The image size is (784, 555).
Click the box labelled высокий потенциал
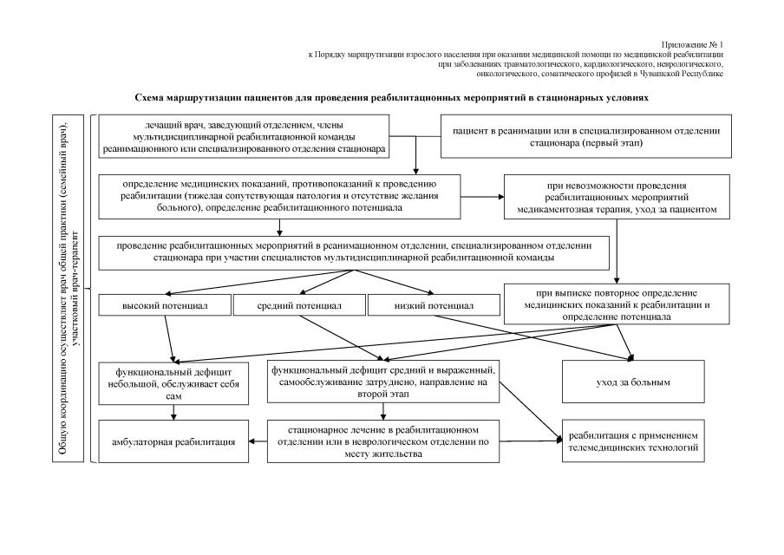click(165, 305)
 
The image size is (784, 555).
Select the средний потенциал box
click(299, 305)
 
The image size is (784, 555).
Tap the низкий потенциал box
click(434, 305)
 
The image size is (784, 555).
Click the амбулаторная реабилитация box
click(173, 442)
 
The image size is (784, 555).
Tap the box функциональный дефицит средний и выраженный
click(383, 382)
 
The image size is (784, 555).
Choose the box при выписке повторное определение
click(616, 305)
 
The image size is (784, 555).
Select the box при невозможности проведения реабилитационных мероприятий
click(616, 198)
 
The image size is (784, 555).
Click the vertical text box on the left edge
click(74, 287)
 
